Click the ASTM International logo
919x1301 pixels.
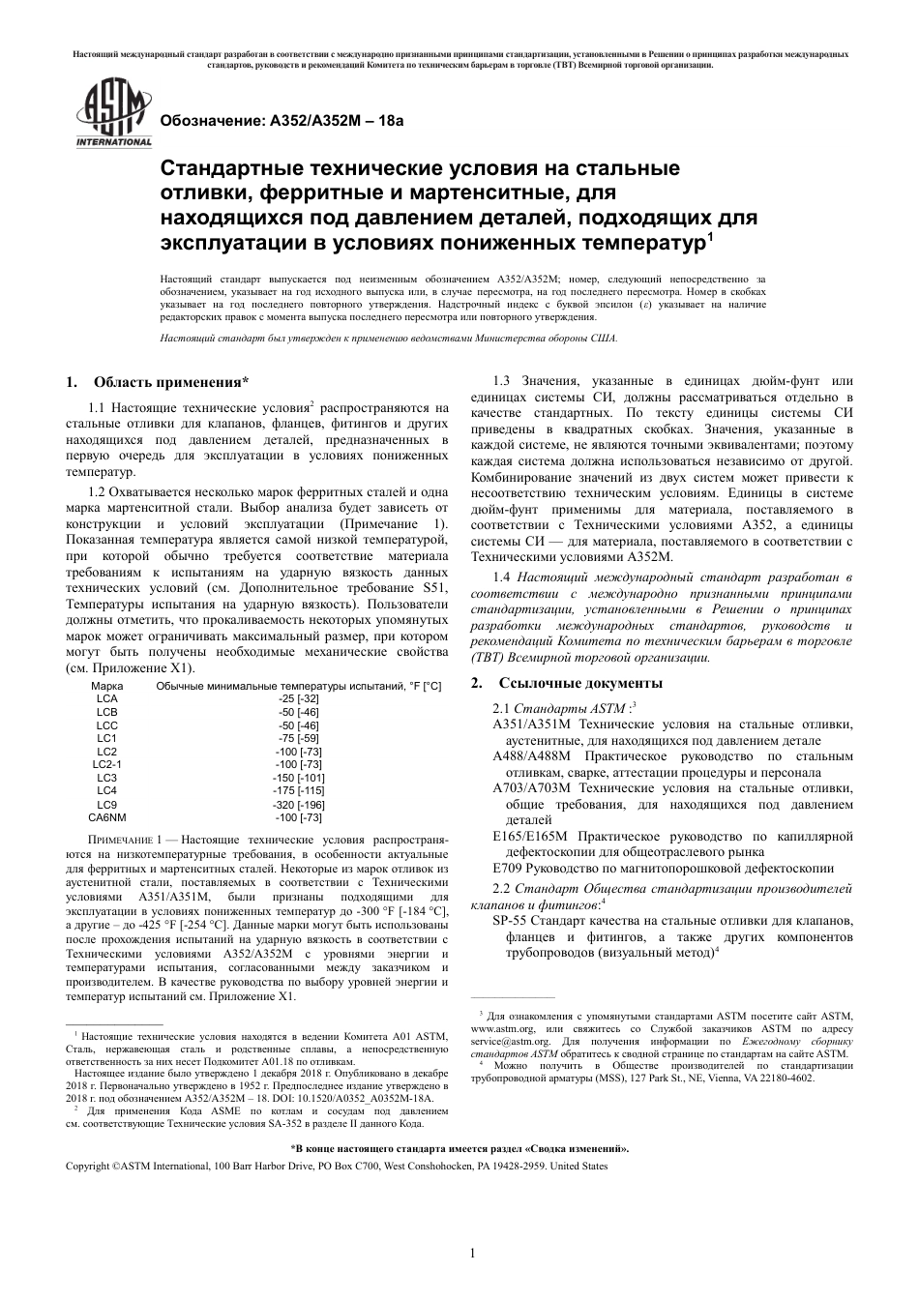113,115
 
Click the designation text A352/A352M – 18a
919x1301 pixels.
281,122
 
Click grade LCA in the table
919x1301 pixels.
106,698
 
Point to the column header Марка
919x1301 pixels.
106,686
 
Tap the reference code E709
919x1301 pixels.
509,869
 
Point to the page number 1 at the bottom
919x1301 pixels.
472,1255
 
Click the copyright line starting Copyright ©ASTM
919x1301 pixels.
335,1167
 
